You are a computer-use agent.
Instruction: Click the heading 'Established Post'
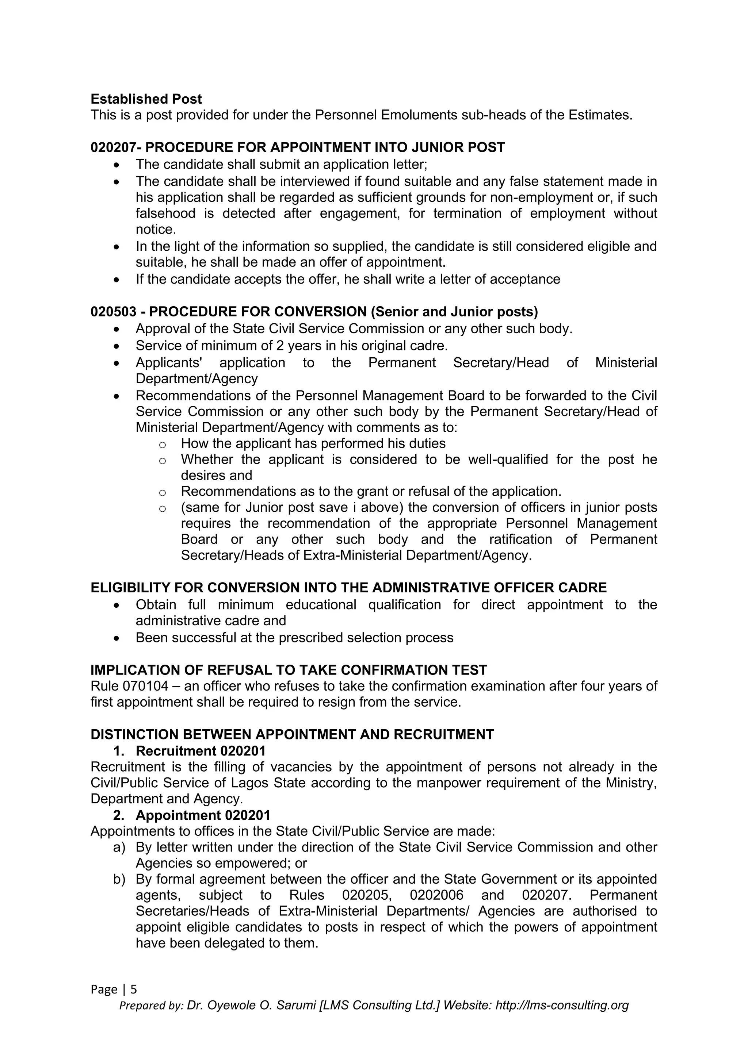click(x=146, y=99)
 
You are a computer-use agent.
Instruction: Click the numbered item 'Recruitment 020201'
click(x=201, y=751)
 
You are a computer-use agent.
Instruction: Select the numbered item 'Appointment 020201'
click(x=203, y=815)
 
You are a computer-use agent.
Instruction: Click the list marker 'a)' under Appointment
click(x=119, y=847)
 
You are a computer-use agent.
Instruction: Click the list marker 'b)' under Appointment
click(x=119, y=879)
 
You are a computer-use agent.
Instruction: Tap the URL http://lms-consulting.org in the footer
click(x=562, y=1005)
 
